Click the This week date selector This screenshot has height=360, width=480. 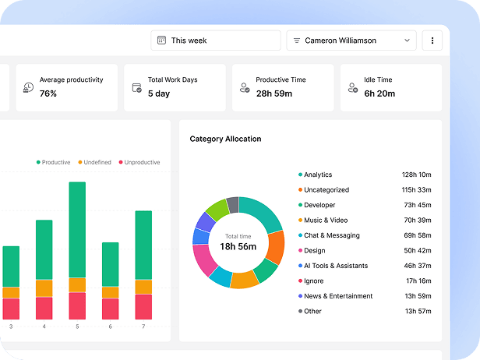pyautogui.click(x=215, y=41)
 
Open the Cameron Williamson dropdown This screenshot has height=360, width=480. pyautogui.click(x=351, y=41)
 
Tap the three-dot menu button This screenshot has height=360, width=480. pyautogui.click(x=432, y=41)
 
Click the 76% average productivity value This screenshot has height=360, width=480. pyautogui.click(x=48, y=94)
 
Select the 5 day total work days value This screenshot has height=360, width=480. pyautogui.click(x=159, y=94)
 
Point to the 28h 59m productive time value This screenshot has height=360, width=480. pyautogui.click(x=274, y=94)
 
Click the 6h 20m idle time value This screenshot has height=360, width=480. pyautogui.click(x=379, y=94)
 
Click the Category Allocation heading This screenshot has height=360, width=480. pyautogui.click(x=225, y=139)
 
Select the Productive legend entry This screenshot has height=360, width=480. pyautogui.click(x=55, y=162)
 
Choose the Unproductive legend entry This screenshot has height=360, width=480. pyautogui.click(x=142, y=162)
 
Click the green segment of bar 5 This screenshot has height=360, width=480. pyautogui.click(x=77, y=230)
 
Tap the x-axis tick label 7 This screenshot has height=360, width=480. pyautogui.click(x=143, y=326)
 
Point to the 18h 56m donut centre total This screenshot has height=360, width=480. pyautogui.click(x=238, y=246)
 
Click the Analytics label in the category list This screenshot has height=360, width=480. pyautogui.click(x=317, y=175)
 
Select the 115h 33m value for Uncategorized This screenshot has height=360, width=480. pyautogui.click(x=416, y=190)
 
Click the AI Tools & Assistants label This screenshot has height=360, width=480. pyautogui.click(x=335, y=266)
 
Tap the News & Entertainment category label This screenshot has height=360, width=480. pyautogui.click(x=338, y=296)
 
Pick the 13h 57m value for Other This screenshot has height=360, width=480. pyautogui.click(x=418, y=311)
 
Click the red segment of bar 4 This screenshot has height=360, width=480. pyautogui.click(x=44, y=309)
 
